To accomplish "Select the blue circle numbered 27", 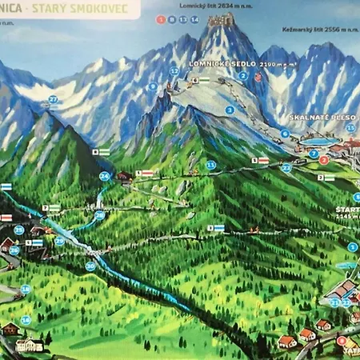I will (x=53, y=100).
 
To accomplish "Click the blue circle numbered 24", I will (x=105, y=176).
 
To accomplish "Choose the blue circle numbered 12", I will (x=174, y=71).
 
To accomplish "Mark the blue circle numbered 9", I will (x=152, y=86).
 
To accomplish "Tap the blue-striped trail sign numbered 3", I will (x=216, y=228).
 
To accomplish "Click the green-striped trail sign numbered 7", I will (x=51, y=208).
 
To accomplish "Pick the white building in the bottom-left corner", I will (x=29, y=345).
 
